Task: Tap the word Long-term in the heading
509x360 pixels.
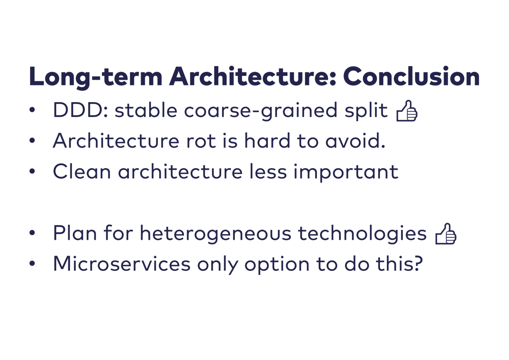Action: coord(96,78)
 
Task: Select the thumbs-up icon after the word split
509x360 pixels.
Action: coord(407,111)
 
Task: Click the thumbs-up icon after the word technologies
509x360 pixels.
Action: coord(446,234)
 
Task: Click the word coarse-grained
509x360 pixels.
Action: coord(261,111)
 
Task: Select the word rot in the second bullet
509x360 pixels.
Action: coord(201,141)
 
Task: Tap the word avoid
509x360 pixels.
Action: coord(355,141)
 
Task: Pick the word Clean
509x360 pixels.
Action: coord(82,172)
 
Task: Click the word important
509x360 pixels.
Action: coord(346,173)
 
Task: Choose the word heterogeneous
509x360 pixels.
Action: coord(215,234)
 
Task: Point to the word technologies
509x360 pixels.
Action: coord(362,234)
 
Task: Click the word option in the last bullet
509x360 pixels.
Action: coord(277,265)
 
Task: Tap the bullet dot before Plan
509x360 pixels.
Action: coord(32,233)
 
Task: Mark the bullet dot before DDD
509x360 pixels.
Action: coord(32,109)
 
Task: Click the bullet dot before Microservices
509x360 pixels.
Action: coord(32,263)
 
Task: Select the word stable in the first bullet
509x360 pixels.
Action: coord(146,110)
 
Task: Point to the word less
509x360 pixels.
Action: coord(268,172)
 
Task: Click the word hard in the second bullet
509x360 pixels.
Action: coord(267,141)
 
